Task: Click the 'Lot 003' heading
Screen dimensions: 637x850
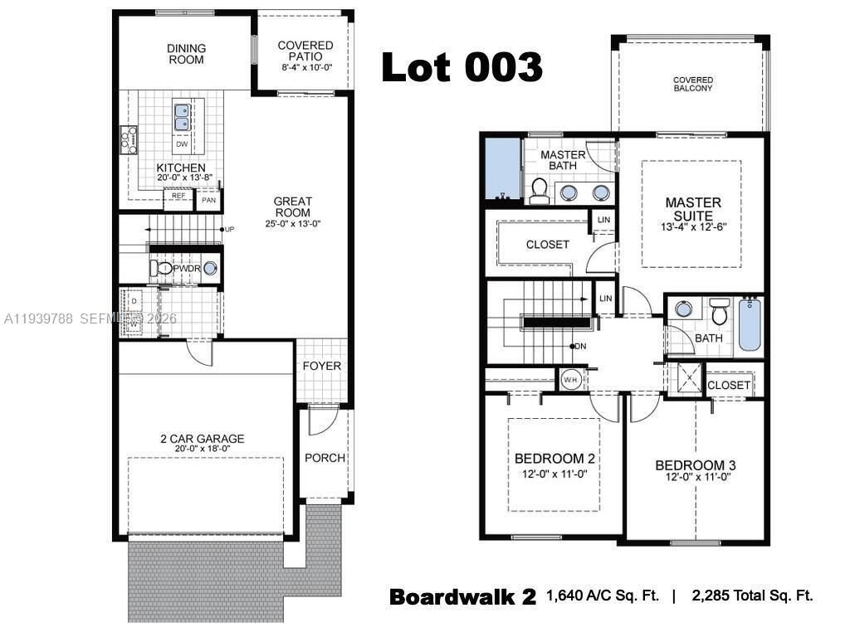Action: click(x=462, y=67)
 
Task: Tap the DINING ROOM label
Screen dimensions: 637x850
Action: click(x=186, y=54)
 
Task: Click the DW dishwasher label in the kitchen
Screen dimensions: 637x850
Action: click(x=181, y=144)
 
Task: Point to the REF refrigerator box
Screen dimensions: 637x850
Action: click(x=178, y=196)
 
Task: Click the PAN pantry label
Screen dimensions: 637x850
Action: click(x=208, y=200)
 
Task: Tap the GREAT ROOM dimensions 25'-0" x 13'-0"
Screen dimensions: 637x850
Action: click(x=293, y=223)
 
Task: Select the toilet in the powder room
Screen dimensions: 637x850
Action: click(x=163, y=268)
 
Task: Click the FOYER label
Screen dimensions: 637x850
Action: click(x=321, y=366)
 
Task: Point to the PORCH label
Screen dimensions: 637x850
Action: click(x=325, y=458)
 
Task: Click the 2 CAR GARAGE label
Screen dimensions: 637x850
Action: click(x=203, y=439)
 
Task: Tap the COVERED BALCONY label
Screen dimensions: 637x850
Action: click(x=692, y=84)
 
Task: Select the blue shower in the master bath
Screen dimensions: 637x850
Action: click(x=501, y=168)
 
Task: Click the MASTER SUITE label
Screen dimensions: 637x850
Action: click(x=692, y=209)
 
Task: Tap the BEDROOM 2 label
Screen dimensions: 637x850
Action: click(x=554, y=459)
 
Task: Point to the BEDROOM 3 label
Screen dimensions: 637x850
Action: click(x=695, y=465)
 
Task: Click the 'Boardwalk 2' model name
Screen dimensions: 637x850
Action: click(x=462, y=596)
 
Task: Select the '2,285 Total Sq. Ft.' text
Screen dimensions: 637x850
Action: click(x=750, y=596)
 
